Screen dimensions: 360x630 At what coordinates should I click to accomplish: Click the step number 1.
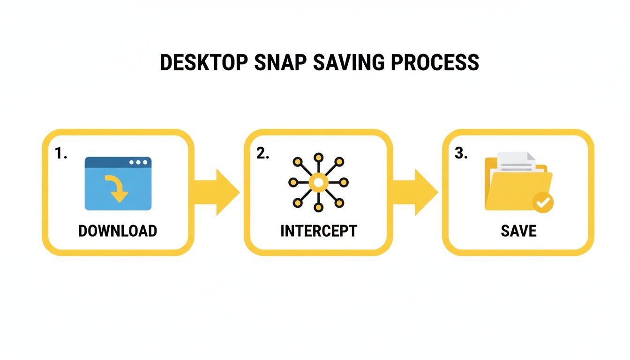pyautogui.click(x=61, y=153)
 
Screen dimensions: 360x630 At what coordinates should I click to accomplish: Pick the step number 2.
pyautogui.click(x=262, y=154)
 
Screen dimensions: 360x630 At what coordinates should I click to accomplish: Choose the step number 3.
pyautogui.click(x=461, y=154)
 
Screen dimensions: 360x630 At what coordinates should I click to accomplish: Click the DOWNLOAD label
pyautogui.click(x=118, y=231)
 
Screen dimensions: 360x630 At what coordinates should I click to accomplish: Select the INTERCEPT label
pyautogui.click(x=319, y=231)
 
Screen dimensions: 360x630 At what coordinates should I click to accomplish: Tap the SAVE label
pyautogui.click(x=518, y=231)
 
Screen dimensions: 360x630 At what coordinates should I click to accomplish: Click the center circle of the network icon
pyautogui.click(x=319, y=182)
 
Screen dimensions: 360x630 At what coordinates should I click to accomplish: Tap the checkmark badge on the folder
pyautogui.click(x=543, y=203)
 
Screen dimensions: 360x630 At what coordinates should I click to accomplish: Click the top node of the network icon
pyautogui.click(x=319, y=157)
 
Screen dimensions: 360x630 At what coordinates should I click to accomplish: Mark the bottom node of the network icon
pyautogui.click(x=319, y=207)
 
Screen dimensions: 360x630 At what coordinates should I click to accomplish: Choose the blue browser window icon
pyautogui.click(x=118, y=183)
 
